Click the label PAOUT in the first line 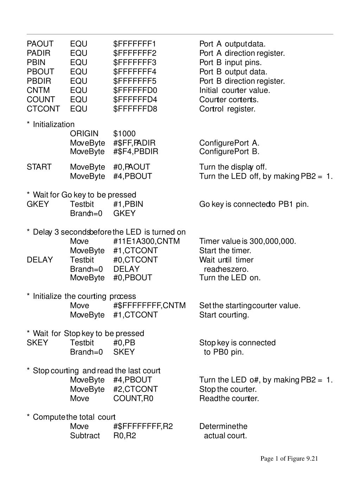click(40, 44)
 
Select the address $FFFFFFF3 click(135, 63)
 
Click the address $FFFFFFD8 click(135, 109)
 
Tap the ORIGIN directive click(84, 134)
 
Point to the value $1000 click(124, 134)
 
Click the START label click(39, 167)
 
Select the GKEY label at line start click(38, 204)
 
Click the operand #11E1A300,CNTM click(146, 241)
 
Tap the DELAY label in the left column click(40, 260)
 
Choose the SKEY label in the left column click(37, 343)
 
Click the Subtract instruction click(85, 436)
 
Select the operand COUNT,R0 click(133, 398)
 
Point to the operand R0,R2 click(124, 436)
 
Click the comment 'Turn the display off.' click(233, 167)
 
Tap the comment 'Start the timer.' click(225, 251)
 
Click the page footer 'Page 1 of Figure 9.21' click(289, 459)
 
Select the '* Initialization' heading click(51, 124)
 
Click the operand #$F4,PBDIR click(136, 152)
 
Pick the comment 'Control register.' click(227, 109)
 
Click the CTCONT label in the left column click(43, 109)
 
